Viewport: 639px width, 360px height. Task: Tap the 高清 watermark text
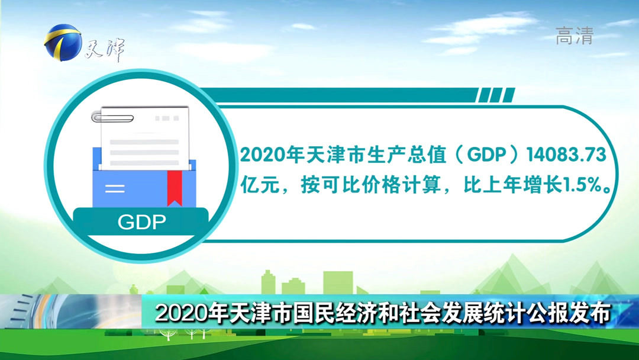574,37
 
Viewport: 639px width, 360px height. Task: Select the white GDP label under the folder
141,223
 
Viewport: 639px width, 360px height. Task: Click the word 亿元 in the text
256,186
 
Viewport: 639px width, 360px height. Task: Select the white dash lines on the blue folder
115,189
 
